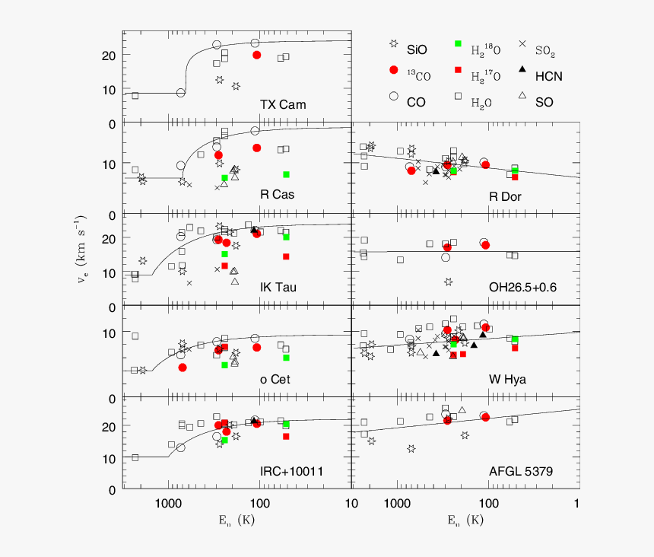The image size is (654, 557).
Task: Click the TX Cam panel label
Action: [282, 104]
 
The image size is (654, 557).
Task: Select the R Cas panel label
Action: [277, 195]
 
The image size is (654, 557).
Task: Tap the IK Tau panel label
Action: [278, 287]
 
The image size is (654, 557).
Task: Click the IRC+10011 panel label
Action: [290, 471]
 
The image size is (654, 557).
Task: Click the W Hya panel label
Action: [507, 379]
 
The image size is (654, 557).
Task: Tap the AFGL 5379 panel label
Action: [520, 471]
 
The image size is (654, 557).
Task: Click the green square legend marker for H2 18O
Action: [458, 44]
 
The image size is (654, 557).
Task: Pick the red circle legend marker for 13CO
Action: [393, 70]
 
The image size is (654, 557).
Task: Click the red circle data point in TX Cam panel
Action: [257, 55]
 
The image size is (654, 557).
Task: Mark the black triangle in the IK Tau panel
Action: [254, 230]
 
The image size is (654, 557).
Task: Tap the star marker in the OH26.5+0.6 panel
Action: [449, 282]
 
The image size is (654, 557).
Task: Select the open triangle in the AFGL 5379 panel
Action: [462, 410]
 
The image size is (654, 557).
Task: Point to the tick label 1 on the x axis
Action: [577, 503]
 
